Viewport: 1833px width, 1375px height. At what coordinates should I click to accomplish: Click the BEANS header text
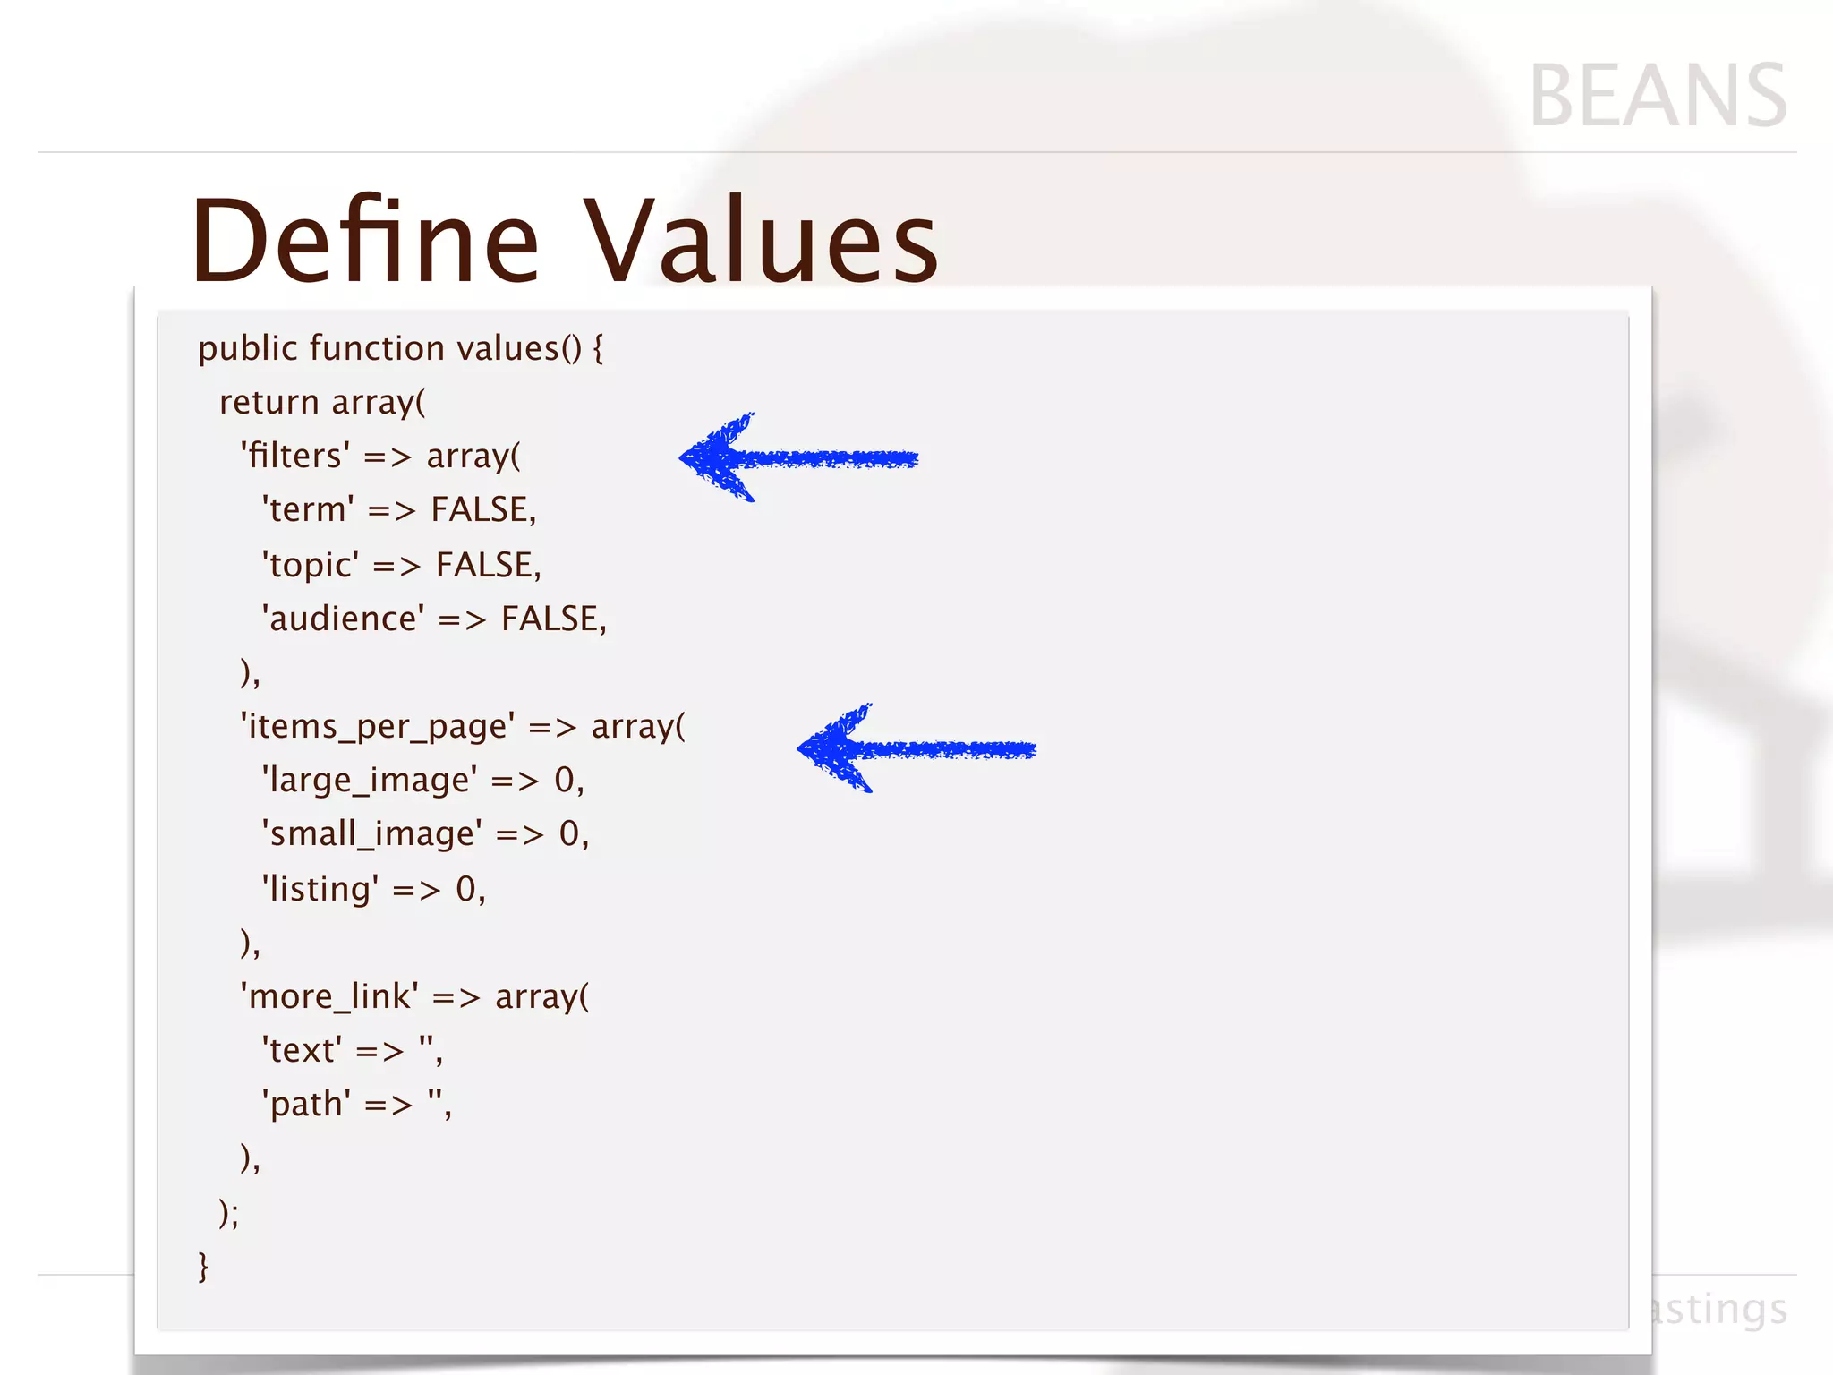(1658, 97)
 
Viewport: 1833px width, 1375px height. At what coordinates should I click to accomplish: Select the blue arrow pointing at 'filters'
(797, 458)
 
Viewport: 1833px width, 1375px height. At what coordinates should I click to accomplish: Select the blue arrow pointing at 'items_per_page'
(915, 748)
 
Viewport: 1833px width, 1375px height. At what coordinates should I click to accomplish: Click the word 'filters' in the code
(295, 457)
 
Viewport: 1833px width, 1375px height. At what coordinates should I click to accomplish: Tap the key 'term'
(308, 510)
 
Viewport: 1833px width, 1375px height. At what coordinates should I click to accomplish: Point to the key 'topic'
(311, 566)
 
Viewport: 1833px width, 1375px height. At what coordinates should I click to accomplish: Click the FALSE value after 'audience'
(552, 619)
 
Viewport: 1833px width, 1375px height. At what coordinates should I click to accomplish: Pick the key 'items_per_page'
(377, 727)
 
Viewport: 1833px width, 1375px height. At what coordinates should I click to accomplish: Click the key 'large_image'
(369, 781)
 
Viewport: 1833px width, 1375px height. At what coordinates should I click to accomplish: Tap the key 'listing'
(320, 890)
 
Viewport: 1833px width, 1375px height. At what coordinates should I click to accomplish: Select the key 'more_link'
(328, 997)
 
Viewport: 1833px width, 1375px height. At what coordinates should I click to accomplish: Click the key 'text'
(302, 1051)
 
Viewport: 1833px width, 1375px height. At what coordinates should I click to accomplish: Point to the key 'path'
(306, 1105)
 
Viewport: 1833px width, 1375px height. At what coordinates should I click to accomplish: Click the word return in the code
(269, 403)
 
